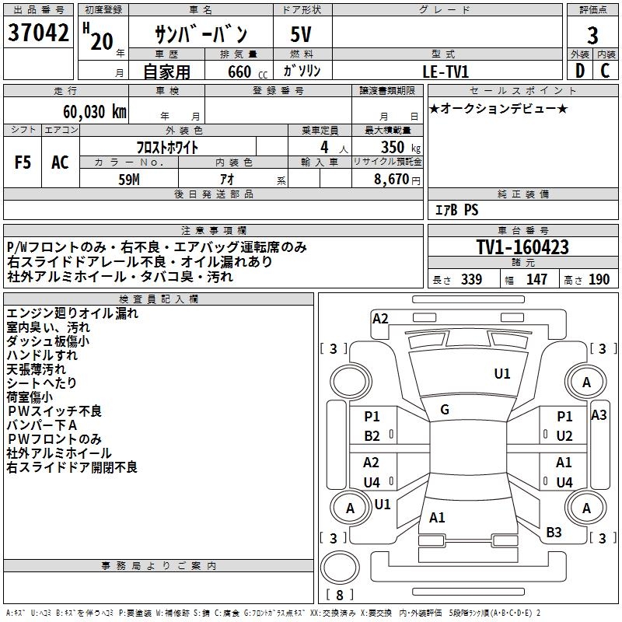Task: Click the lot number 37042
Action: point(38,33)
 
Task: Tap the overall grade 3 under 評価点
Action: point(592,35)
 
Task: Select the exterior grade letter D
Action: point(580,71)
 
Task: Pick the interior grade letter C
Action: point(605,71)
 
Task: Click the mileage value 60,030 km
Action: point(95,112)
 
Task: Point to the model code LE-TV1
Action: point(446,72)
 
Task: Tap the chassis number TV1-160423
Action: point(522,247)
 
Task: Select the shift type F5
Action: point(23,162)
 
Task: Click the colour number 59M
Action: point(129,180)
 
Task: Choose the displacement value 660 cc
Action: point(247,72)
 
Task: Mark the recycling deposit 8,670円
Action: point(397,180)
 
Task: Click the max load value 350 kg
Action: point(400,147)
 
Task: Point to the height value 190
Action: point(599,279)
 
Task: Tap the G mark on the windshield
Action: point(445,410)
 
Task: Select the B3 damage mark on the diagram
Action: point(554,533)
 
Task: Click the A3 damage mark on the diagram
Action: point(599,415)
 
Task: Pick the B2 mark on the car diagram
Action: point(372,436)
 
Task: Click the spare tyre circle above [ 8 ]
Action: point(340,568)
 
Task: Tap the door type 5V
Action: point(301,34)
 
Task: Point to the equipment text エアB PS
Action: point(456,210)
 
